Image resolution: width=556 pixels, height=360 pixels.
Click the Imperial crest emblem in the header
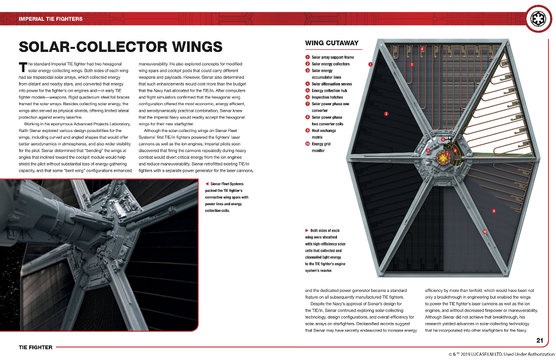(x=538, y=19)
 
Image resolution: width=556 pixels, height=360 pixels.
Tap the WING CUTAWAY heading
(x=332, y=43)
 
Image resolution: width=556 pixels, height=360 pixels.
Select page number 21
(x=539, y=340)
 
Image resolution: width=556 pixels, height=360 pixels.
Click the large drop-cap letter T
(x=23, y=67)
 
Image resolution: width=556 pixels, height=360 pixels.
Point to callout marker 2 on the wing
(x=386, y=114)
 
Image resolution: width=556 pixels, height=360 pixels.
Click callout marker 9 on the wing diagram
(x=494, y=211)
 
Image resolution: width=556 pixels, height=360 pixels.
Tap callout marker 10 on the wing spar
(x=485, y=232)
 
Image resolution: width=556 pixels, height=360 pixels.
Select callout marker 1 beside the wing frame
(x=370, y=64)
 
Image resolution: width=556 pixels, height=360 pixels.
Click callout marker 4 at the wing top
(x=422, y=49)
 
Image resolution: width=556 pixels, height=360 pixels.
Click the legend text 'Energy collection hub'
(x=329, y=91)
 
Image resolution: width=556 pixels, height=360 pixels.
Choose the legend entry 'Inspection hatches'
(x=327, y=97)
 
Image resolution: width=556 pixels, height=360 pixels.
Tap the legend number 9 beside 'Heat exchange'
(x=307, y=130)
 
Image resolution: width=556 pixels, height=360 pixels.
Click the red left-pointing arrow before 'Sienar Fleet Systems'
(x=207, y=184)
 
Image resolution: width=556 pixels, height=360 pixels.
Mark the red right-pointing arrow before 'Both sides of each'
(x=307, y=230)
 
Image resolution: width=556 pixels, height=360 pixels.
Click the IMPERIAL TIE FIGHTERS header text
(x=50, y=19)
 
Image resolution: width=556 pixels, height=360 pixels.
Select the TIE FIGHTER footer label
(x=35, y=347)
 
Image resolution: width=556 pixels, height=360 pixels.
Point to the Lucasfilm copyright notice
(x=501, y=354)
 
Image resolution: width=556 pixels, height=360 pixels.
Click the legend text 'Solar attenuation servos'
(x=332, y=84)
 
